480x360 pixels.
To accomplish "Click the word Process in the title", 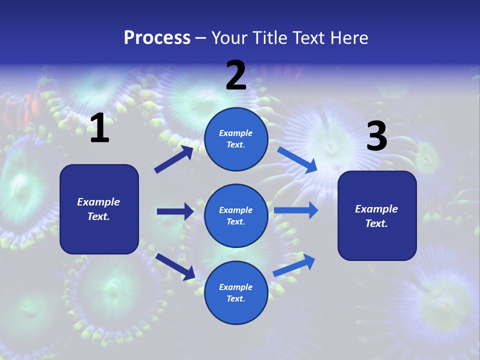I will pyautogui.click(x=157, y=37).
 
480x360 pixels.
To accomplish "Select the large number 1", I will pyautogui.click(x=99, y=128).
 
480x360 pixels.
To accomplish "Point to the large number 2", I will pyautogui.click(x=236, y=75).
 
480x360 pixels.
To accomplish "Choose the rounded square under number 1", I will pyautogui.click(x=99, y=209).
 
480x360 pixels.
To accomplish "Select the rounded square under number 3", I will pyautogui.click(x=377, y=215).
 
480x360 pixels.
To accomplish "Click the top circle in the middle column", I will pyautogui.click(x=236, y=139).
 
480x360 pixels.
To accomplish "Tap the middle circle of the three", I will pyautogui.click(x=236, y=215).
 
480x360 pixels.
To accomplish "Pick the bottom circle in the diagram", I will pyautogui.click(x=236, y=292).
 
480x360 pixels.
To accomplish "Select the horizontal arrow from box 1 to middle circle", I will pyautogui.click(x=175, y=211).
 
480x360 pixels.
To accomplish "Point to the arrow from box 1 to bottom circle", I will pyautogui.click(x=175, y=266).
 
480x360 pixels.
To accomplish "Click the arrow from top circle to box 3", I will pyautogui.click(x=297, y=159).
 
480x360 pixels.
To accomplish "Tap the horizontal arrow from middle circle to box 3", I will pyautogui.click(x=295, y=210).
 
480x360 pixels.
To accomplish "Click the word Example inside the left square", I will pyautogui.click(x=98, y=202).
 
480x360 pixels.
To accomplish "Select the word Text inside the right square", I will pyautogui.click(x=376, y=223).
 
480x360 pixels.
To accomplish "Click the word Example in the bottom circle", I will pyautogui.click(x=236, y=287).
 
